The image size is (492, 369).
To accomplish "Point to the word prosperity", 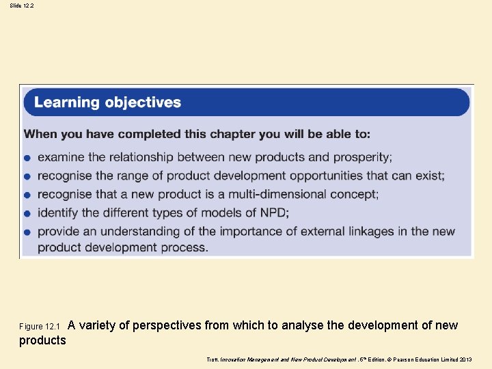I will [362, 157].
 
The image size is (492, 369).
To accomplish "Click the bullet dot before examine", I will [27, 159].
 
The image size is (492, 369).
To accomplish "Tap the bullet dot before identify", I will [27, 214].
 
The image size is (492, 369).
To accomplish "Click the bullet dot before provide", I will [27, 232].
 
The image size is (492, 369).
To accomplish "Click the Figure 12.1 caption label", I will [40, 327].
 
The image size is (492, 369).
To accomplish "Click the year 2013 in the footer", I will [466, 359].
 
